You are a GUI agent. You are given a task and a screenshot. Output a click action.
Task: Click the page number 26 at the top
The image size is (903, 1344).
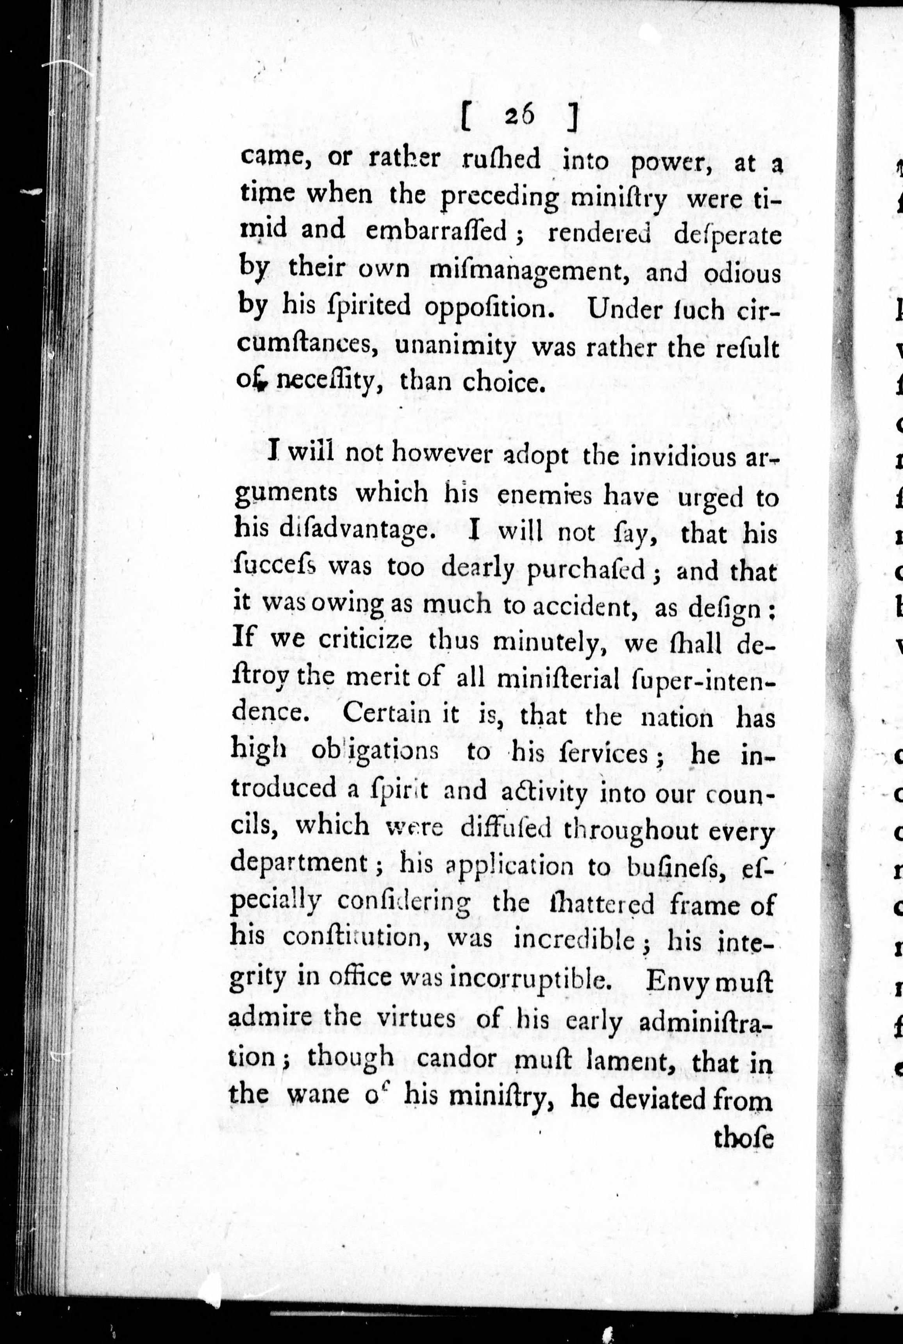pos(520,117)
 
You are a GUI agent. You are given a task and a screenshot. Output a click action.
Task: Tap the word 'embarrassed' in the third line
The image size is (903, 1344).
pos(437,232)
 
